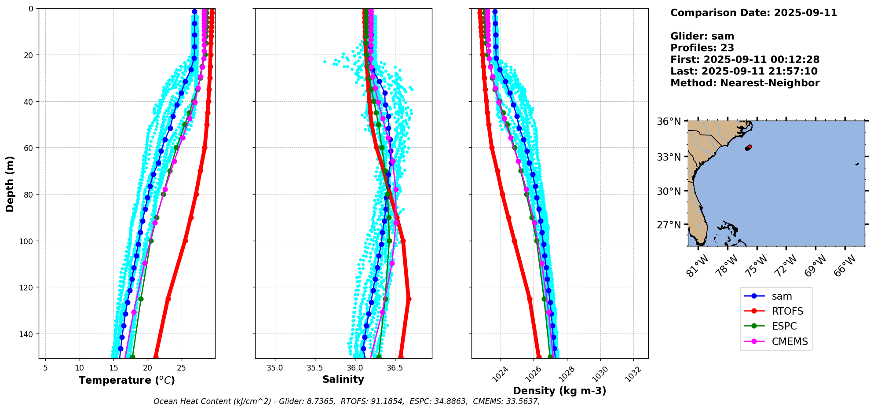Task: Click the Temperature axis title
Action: (x=127, y=380)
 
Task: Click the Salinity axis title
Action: (x=343, y=380)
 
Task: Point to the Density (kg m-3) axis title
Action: (x=559, y=391)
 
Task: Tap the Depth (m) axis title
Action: (x=10, y=183)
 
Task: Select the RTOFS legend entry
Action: (x=787, y=312)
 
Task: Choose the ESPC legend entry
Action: (x=784, y=327)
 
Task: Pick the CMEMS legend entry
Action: (x=790, y=341)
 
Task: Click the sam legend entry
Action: (x=782, y=297)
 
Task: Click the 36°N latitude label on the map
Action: (x=669, y=121)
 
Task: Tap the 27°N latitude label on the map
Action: (x=669, y=225)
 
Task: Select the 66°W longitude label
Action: (x=845, y=266)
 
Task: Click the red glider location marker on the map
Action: (x=749, y=147)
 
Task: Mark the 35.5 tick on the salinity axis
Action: (x=314, y=367)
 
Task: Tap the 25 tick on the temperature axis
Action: (x=182, y=367)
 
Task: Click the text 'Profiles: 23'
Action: (x=702, y=48)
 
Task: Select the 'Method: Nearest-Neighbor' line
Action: (x=745, y=83)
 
